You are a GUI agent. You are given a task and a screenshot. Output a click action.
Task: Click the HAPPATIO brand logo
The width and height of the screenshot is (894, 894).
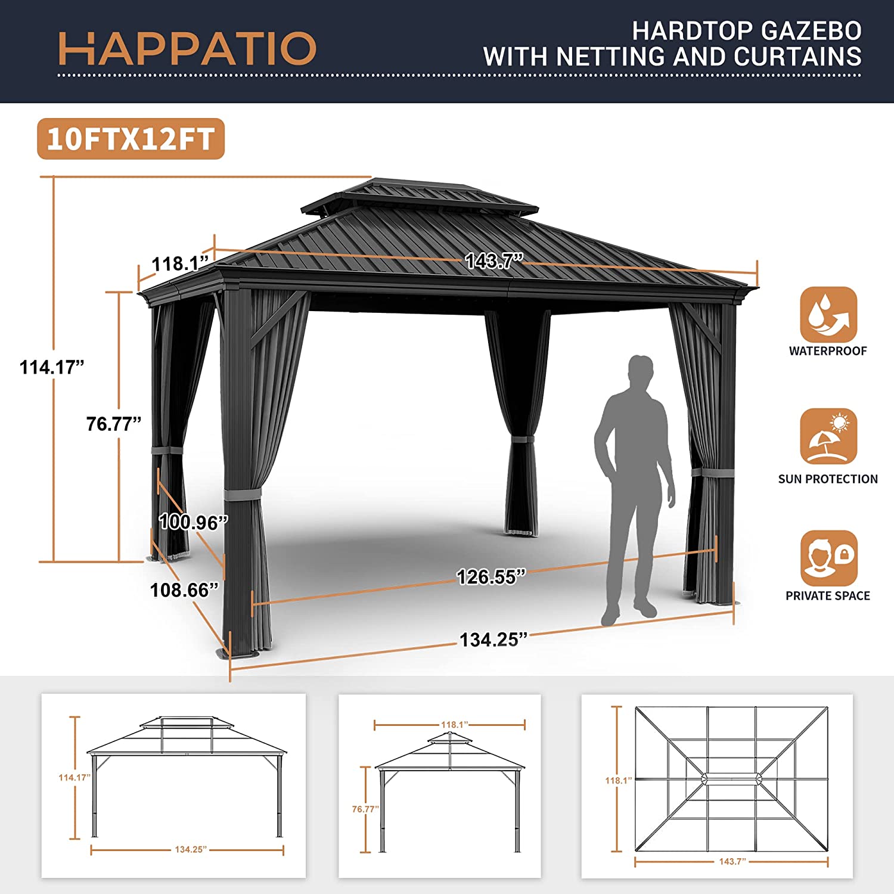(x=187, y=48)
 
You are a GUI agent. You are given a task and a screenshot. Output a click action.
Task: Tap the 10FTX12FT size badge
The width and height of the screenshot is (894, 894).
(x=131, y=139)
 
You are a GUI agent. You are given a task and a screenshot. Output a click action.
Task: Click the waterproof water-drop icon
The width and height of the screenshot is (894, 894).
(x=828, y=314)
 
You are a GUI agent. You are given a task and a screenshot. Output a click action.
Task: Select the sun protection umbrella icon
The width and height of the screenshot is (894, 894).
(x=828, y=436)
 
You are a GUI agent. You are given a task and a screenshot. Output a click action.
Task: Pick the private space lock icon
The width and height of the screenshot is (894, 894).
(x=828, y=558)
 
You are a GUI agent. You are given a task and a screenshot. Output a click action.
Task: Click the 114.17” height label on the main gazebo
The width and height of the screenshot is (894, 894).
(x=52, y=367)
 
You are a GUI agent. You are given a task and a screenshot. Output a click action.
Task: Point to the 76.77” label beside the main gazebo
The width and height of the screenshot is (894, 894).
(x=114, y=424)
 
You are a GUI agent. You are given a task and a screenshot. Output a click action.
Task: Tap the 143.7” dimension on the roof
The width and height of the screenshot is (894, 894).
(x=493, y=260)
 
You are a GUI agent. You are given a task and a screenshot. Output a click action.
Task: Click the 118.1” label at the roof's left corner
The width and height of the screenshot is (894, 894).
(x=180, y=263)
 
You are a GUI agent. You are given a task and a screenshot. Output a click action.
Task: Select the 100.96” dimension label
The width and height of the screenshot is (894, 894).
(x=193, y=522)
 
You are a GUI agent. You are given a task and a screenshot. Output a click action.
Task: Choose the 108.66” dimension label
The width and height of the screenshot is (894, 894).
(x=184, y=590)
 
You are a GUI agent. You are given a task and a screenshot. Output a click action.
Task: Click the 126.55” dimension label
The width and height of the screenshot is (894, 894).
(x=491, y=577)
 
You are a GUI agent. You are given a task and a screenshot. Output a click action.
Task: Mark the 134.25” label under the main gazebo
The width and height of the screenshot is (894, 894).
(x=493, y=640)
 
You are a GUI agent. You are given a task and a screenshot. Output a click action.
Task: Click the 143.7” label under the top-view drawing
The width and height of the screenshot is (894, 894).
(x=732, y=861)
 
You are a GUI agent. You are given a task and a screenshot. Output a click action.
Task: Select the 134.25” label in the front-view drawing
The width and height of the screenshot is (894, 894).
(x=191, y=849)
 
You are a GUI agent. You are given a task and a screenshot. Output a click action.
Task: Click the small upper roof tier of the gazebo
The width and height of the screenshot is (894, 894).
(x=420, y=198)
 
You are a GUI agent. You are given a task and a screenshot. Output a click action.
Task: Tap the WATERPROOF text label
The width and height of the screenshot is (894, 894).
(x=828, y=351)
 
